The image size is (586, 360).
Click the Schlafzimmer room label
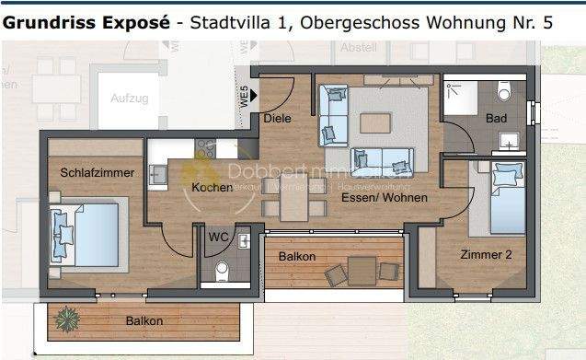(98, 172)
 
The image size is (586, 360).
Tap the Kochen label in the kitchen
(213, 188)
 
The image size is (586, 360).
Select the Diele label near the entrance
(277, 119)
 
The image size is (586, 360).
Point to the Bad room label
(497, 119)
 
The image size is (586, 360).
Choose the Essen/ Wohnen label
(384, 198)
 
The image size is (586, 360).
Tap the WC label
(219, 237)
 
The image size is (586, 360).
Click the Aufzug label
(129, 98)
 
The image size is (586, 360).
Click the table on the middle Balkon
(362, 271)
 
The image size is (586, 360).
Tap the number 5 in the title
(547, 22)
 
